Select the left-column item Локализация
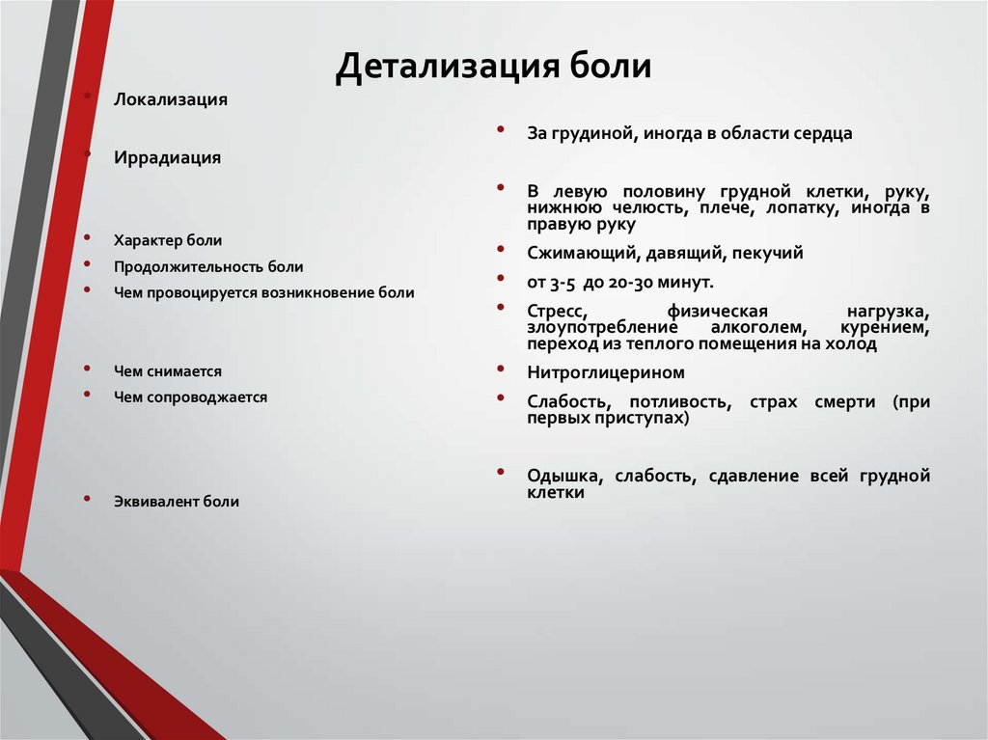(171, 100)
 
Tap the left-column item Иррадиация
(168, 158)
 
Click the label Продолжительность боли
(208, 266)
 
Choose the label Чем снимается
(168, 370)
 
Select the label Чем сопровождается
(190, 397)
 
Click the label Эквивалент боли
(177, 502)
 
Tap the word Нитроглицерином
(606, 372)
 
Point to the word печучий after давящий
(767, 254)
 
